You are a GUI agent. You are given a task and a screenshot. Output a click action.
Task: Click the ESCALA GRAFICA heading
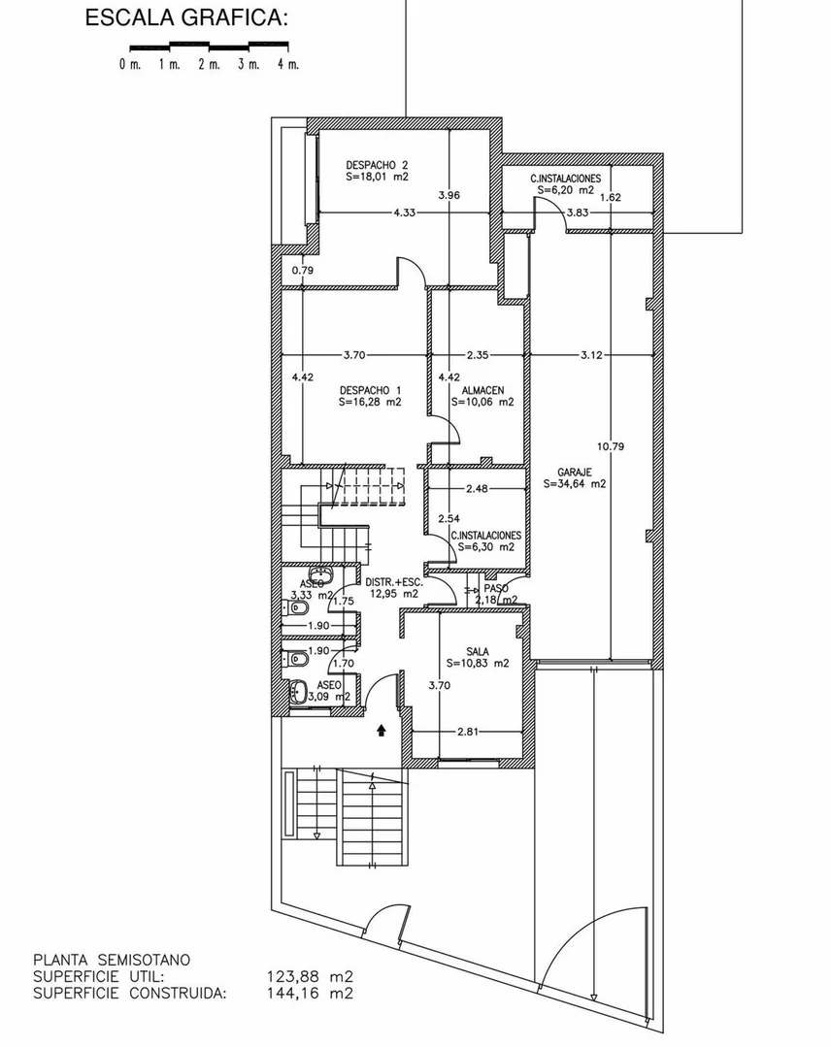(x=186, y=18)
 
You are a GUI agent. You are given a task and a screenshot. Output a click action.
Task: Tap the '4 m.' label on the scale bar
(x=288, y=64)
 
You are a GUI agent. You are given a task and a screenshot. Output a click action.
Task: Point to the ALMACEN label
(x=482, y=390)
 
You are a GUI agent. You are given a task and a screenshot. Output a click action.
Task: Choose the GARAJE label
(x=575, y=473)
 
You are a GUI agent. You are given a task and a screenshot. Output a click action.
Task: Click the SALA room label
(x=478, y=652)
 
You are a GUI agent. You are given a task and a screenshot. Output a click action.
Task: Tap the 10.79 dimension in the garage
(x=610, y=446)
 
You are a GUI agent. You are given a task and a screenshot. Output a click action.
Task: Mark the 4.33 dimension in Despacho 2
(x=404, y=213)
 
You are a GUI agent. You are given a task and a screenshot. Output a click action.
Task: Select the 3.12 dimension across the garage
(x=591, y=354)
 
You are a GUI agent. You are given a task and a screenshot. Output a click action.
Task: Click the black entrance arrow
(x=382, y=731)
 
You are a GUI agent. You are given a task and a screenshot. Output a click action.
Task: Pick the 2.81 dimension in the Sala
(x=468, y=732)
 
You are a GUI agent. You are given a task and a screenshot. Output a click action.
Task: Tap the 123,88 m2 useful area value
(x=310, y=977)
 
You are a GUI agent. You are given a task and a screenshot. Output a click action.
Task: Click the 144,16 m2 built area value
(x=310, y=993)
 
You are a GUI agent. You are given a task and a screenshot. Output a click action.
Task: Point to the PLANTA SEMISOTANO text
(x=112, y=961)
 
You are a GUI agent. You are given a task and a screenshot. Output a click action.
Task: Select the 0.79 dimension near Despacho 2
(x=303, y=271)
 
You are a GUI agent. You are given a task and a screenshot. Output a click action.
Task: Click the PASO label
(x=496, y=589)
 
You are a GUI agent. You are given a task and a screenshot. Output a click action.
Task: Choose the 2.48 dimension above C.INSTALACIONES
(x=477, y=488)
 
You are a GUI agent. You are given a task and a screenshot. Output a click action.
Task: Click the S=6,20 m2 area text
(x=565, y=189)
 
